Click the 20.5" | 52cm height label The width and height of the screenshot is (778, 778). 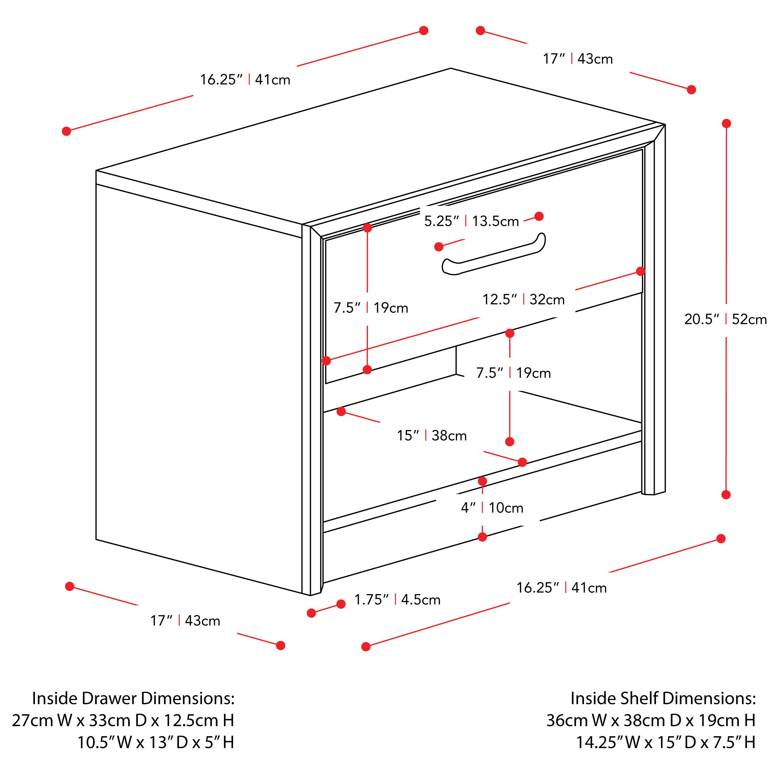pos(725,319)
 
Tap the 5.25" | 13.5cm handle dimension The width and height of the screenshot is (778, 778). pos(471,221)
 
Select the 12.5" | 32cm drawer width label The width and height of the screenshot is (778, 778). pos(524,300)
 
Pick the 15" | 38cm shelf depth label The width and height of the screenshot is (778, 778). pos(432,436)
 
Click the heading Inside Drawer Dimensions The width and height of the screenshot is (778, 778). pos(133,698)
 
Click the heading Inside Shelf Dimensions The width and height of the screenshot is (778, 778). pos(663,698)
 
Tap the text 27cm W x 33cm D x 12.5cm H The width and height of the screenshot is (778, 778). pos(123,720)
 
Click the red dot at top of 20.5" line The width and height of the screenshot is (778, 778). pos(726,123)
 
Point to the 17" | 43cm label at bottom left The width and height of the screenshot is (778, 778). pos(185,621)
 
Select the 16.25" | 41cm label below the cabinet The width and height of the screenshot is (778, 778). pos(561,588)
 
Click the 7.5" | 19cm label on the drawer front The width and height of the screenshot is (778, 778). pos(370,308)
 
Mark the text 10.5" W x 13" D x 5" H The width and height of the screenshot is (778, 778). pos(155,742)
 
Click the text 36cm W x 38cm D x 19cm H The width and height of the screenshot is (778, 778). pos(650,720)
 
